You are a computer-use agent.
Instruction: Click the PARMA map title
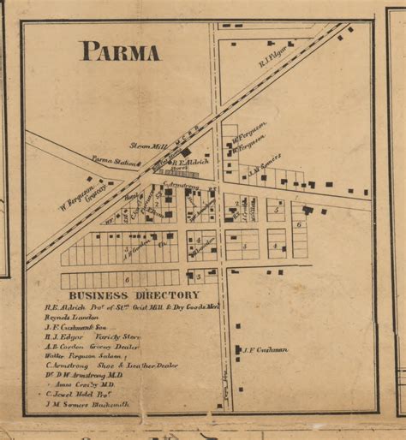[x=120, y=51]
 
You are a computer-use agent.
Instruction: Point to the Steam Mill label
[x=146, y=146]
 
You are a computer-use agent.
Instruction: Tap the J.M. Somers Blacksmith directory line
[x=87, y=405]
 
